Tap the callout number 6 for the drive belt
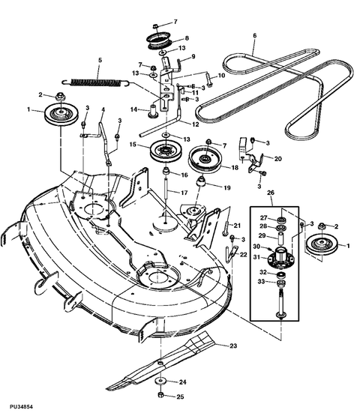click(x=255, y=35)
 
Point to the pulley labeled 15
click(x=163, y=150)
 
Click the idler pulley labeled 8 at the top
click(x=160, y=40)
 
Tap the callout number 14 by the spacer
click(x=134, y=109)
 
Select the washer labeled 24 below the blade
click(x=160, y=381)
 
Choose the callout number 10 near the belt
click(x=221, y=76)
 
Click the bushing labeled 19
click(x=202, y=184)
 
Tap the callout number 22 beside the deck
click(x=244, y=254)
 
